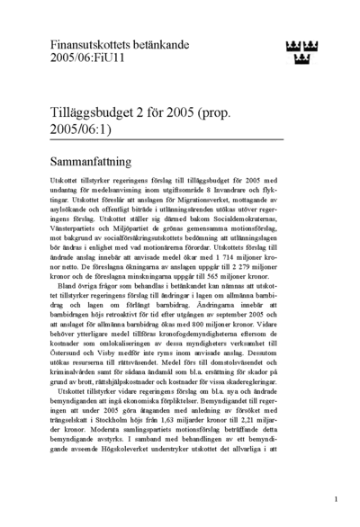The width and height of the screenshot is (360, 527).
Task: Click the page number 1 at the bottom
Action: click(335, 498)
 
